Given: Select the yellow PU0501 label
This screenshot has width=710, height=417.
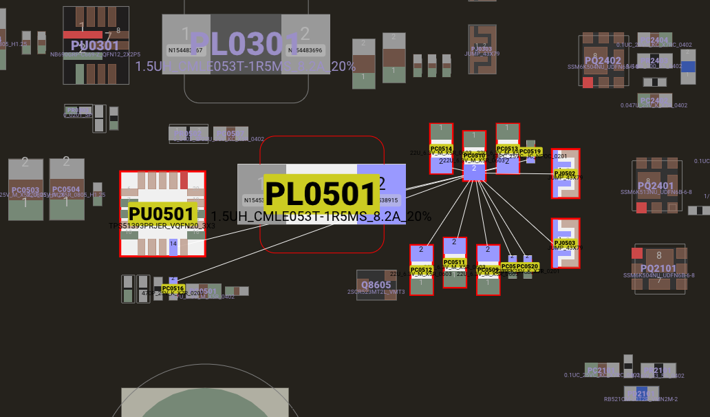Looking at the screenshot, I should (x=162, y=214).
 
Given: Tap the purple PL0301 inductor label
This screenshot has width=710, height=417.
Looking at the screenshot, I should (x=246, y=43).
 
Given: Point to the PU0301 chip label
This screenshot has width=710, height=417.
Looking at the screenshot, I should (x=95, y=45).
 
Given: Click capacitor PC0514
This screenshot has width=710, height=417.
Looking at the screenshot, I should (x=441, y=149).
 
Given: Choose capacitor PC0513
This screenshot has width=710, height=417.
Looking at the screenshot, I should (x=508, y=149).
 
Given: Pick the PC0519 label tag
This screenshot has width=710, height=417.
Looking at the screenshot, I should (x=530, y=151).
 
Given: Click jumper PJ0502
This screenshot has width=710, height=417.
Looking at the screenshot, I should (x=566, y=173).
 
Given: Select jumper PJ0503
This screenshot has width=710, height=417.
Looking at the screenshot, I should (x=566, y=243).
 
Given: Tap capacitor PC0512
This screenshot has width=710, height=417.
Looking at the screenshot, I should (x=422, y=270).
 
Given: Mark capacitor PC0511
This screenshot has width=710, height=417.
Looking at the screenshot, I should (x=455, y=262).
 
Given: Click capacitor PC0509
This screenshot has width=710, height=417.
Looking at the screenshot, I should (x=488, y=270).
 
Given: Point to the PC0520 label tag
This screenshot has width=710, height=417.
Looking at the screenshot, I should (x=528, y=266).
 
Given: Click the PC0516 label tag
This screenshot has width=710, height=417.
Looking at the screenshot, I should (x=173, y=288).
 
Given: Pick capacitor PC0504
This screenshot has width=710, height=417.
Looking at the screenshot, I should (x=66, y=189).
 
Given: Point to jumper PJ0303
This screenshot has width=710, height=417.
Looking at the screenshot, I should (x=482, y=50).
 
